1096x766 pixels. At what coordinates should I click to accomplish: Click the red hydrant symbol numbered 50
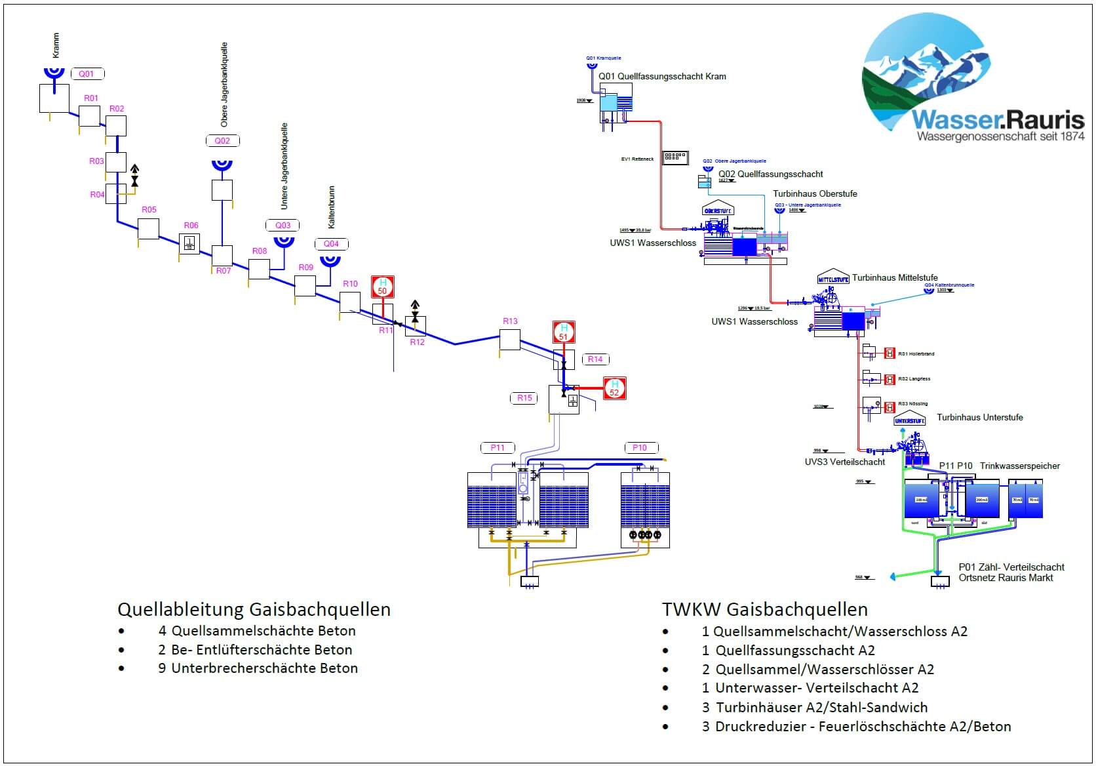[x=383, y=287]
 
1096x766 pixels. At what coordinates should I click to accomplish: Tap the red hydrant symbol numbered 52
[x=614, y=388]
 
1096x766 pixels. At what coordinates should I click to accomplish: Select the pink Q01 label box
[x=87, y=74]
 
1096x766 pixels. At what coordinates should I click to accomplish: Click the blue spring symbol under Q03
[x=284, y=241]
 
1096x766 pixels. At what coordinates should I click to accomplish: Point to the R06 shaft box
[x=189, y=243]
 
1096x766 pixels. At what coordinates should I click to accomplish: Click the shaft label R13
[x=510, y=321]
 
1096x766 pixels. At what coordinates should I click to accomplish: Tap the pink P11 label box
[x=498, y=448]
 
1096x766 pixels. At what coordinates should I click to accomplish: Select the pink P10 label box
[x=640, y=448]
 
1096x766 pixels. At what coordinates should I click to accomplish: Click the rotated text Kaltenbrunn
[x=332, y=207]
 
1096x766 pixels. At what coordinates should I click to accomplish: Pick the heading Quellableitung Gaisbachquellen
[x=254, y=609]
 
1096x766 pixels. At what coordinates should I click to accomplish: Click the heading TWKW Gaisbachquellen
[x=764, y=609]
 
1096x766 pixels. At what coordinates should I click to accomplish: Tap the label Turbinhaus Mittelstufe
[x=894, y=278]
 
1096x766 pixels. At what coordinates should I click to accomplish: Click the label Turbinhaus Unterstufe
[x=979, y=418]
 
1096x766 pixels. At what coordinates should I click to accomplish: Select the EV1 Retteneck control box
[x=675, y=157]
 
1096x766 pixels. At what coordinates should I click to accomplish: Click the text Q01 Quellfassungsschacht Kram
[x=662, y=77]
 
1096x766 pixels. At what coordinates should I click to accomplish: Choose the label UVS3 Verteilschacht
[x=844, y=462]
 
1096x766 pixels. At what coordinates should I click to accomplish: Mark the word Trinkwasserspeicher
[x=1019, y=466]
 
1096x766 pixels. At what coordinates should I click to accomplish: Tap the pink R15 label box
[x=524, y=398]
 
